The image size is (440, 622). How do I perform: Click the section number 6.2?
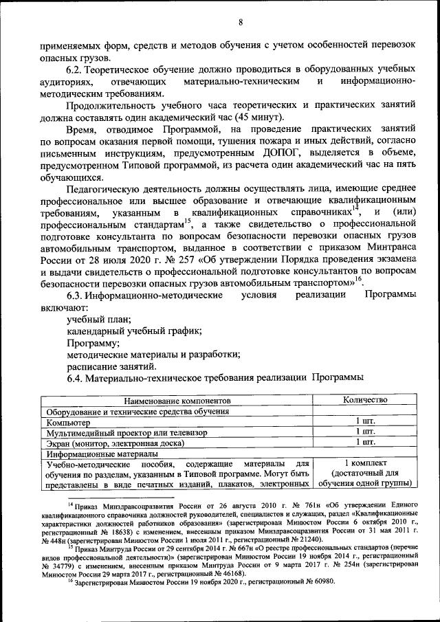(76, 69)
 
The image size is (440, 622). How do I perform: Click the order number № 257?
(169, 260)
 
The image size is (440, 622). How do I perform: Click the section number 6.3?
(76, 295)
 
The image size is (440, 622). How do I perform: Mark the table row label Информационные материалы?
(102, 454)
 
